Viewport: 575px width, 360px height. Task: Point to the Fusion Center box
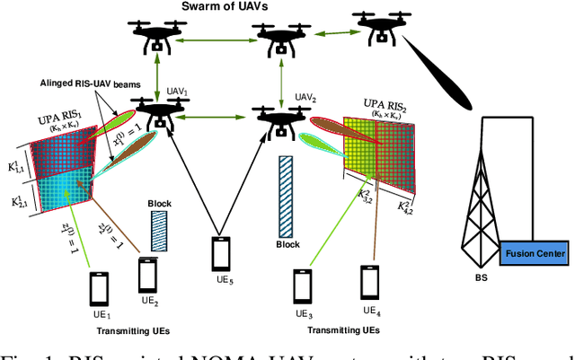(535, 254)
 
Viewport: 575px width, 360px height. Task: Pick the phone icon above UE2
(148, 272)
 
